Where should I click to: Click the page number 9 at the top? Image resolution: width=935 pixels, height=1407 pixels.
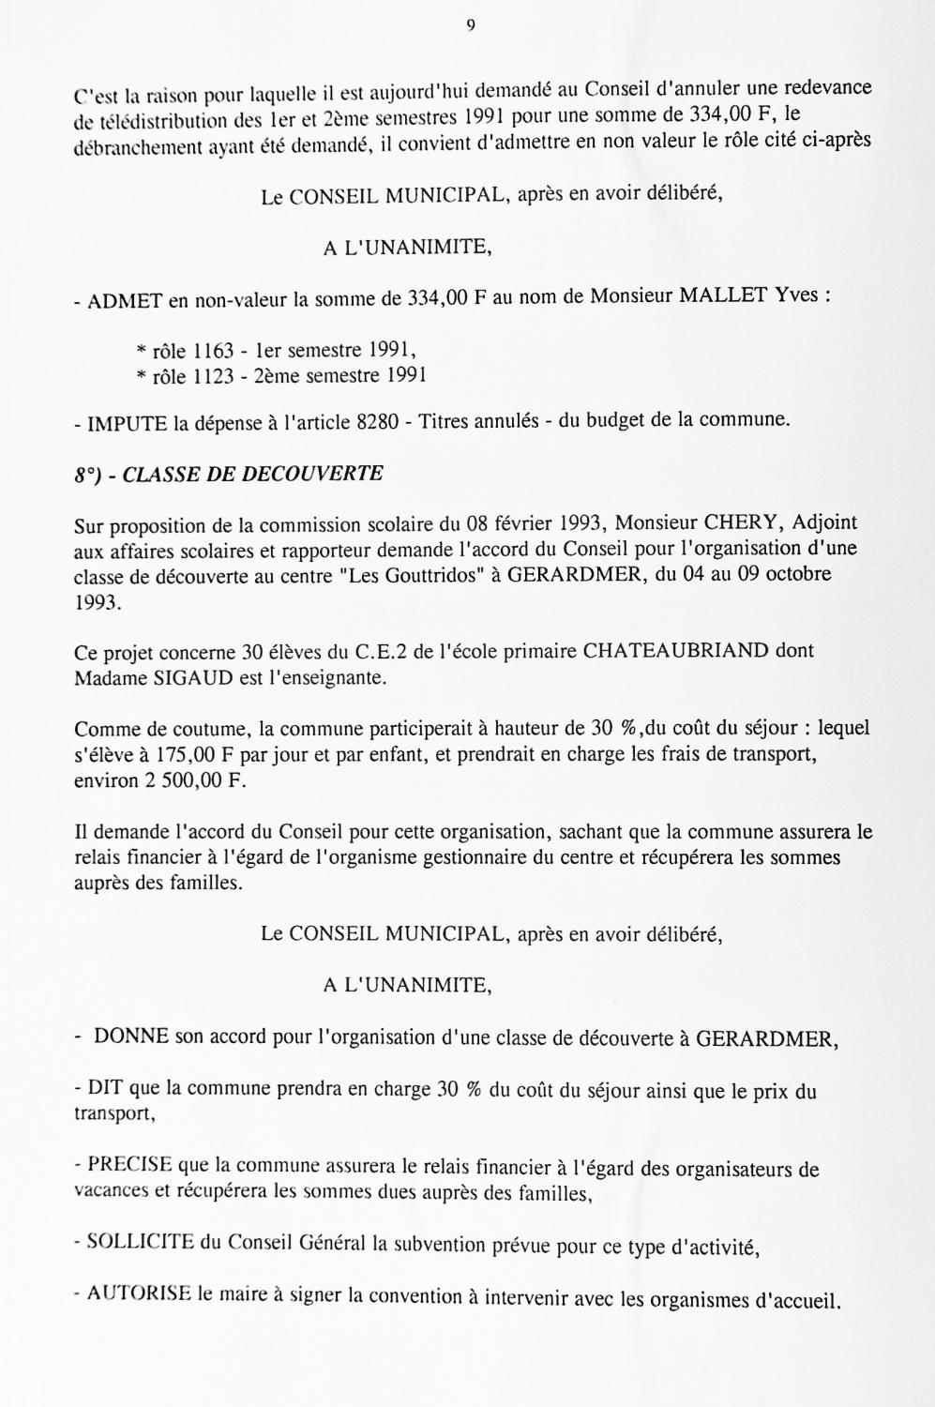(x=470, y=26)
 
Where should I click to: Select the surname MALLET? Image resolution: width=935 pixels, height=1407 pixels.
(x=720, y=297)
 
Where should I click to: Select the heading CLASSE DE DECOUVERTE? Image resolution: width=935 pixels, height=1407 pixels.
(x=253, y=474)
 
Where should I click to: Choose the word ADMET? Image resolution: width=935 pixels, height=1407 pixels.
(x=125, y=299)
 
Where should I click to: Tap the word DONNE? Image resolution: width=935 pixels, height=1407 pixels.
(x=131, y=1037)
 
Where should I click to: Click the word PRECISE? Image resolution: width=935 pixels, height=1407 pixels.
(x=129, y=1166)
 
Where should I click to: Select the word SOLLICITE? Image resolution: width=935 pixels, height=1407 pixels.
(x=140, y=1244)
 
